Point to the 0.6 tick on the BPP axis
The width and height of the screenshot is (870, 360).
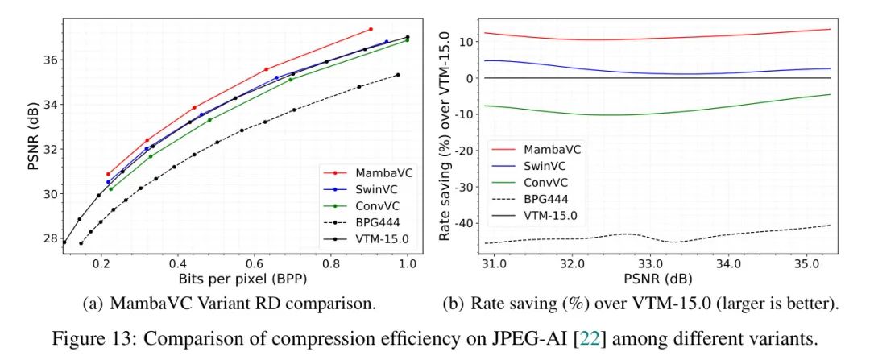click(254, 263)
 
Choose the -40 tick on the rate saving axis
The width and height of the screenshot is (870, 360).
click(462, 223)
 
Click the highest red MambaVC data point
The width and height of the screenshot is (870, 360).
click(371, 29)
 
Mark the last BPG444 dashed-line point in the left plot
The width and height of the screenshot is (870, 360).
click(397, 75)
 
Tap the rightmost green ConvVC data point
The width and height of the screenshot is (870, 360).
click(407, 40)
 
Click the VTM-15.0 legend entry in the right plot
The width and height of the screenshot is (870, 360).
click(551, 216)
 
